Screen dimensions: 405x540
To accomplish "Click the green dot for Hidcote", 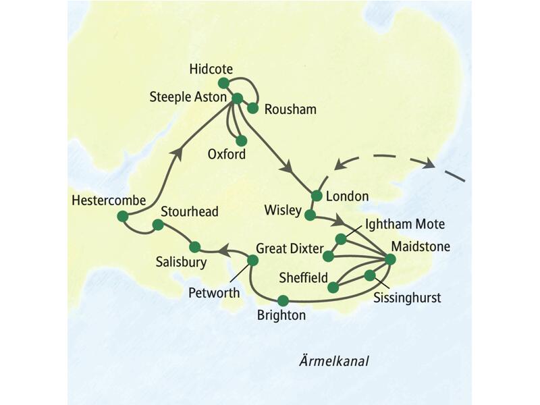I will [x=223, y=82].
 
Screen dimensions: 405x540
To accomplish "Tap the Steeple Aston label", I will [x=187, y=98].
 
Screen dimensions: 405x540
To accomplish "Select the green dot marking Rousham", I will [x=253, y=107].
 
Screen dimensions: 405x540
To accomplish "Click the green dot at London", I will [x=315, y=196].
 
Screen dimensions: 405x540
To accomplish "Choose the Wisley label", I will [x=283, y=211].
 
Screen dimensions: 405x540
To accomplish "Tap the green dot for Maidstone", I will [x=389, y=258].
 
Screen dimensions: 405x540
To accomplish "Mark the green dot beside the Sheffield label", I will [x=333, y=287].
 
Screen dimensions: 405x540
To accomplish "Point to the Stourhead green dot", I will [x=158, y=225].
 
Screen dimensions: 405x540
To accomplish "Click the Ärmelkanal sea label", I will [x=336, y=361].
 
